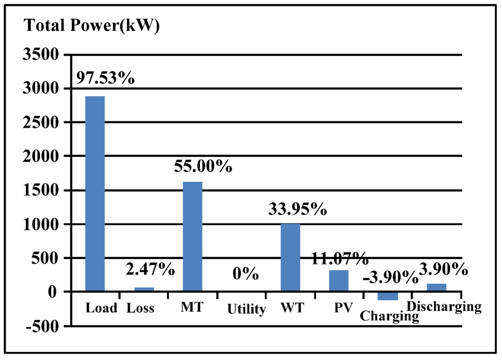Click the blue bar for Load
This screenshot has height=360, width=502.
pos(95,193)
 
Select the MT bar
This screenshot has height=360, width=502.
pos(192,236)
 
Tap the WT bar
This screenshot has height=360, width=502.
pos(290,257)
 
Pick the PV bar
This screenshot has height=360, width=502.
pos(338,281)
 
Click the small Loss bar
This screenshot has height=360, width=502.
pos(144,289)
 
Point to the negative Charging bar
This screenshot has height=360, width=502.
pos(387,296)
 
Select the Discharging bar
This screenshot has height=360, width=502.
pos(436,287)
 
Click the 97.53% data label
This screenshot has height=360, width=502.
pos(104,77)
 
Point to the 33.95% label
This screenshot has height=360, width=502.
pos(298,209)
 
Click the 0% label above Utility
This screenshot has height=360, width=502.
pos(246,274)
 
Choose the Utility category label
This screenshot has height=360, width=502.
pos(246,309)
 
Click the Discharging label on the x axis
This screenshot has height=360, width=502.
pos(445,307)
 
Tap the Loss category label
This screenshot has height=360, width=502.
pos(140,308)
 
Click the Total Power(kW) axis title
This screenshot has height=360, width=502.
pos(92,26)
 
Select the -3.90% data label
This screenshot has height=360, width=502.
pos(390,278)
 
